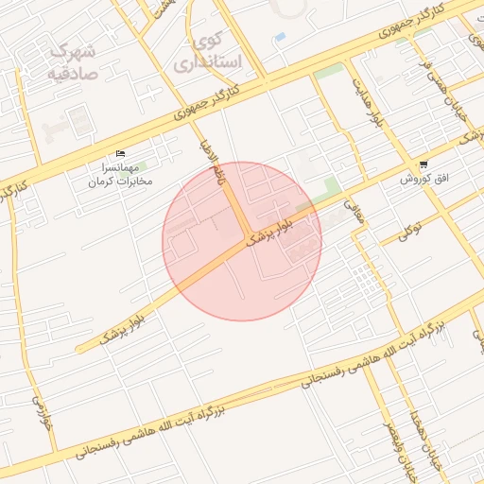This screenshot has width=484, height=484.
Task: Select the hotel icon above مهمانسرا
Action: [120, 154]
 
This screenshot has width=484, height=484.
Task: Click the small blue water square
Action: [280, 37]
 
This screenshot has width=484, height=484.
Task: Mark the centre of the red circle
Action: [242, 241]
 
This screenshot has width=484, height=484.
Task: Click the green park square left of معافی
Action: [332, 185]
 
